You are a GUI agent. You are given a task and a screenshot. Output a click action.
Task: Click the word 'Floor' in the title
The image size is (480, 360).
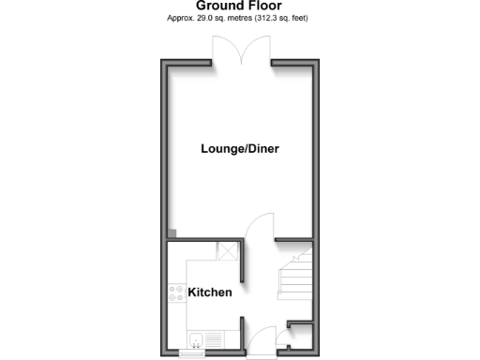tap(264, 6)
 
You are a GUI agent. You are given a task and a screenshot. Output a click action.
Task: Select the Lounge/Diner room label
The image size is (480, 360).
tap(240, 149)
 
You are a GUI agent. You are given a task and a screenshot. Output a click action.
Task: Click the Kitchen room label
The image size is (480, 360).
tap(210, 292)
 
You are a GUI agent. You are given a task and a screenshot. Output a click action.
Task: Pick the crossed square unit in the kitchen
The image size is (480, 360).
tap(225, 250)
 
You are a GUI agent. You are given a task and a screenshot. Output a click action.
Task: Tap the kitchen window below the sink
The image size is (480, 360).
tap(193, 353)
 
